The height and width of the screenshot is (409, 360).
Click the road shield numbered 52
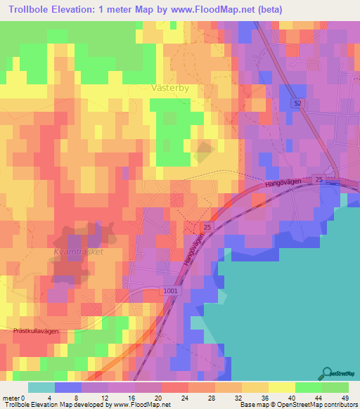[298, 103]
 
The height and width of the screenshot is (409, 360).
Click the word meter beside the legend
[11, 397]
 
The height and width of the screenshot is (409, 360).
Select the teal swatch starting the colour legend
[41, 387]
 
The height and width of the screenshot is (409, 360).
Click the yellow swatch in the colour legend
[281, 387]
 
